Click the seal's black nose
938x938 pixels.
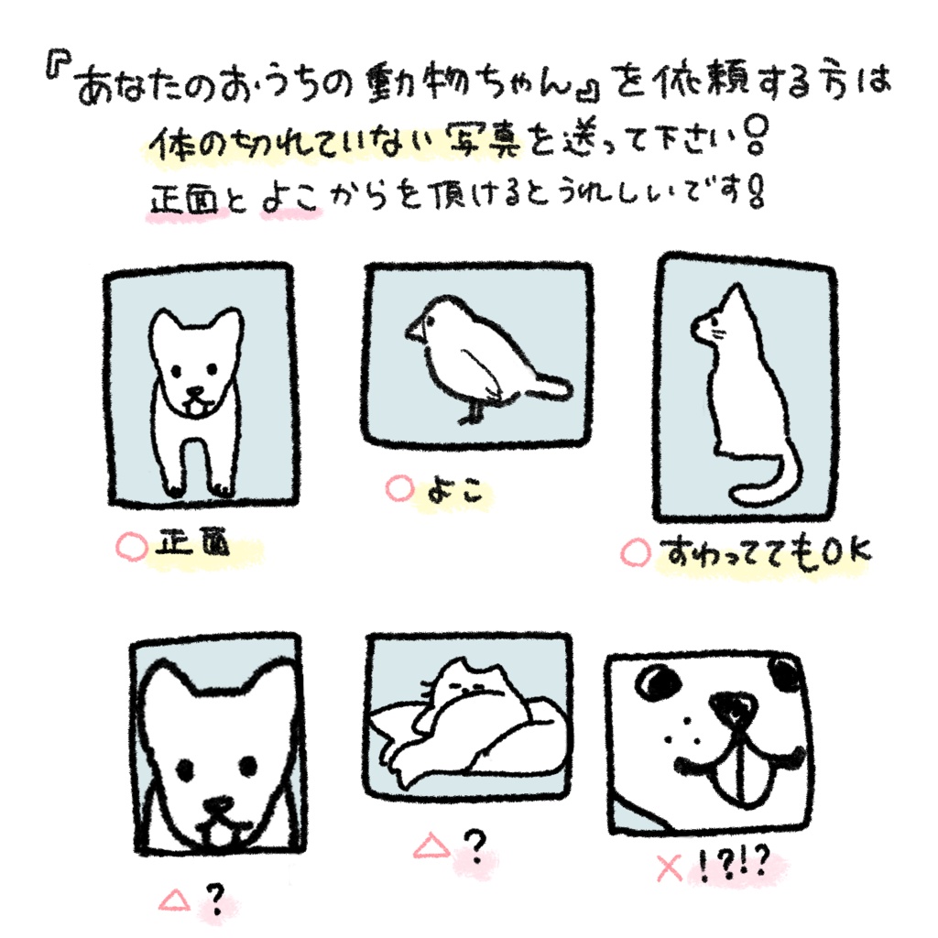[x=733, y=706]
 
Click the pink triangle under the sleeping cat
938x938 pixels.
[x=430, y=845]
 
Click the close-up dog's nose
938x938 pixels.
[x=219, y=805]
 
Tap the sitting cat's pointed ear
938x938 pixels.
[x=730, y=299]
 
